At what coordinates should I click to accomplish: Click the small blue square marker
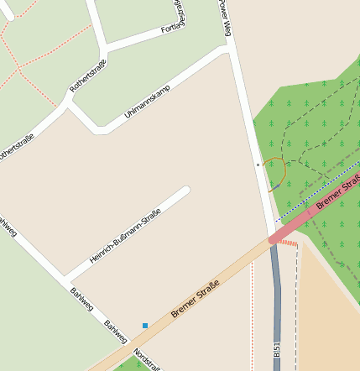pyautogui.click(x=144, y=325)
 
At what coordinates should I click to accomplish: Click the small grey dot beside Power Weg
pyautogui.click(x=258, y=165)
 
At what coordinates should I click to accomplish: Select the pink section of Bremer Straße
pyautogui.click(x=302, y=220)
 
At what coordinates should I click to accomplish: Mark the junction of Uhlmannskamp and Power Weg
pyautogui.click(x=228, y=51)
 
